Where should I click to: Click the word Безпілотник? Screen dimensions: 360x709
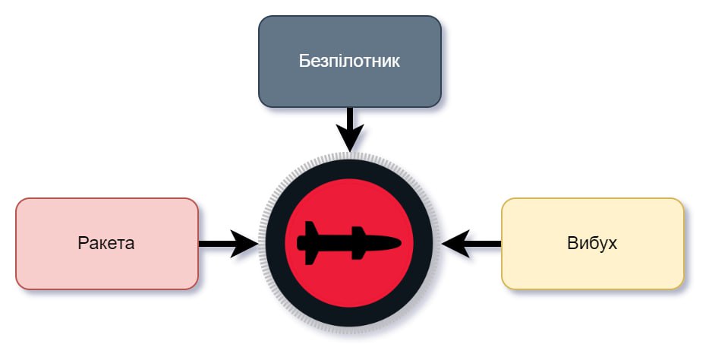click(x=349, y=61)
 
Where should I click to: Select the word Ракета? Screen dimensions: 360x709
click(x=106, y=244)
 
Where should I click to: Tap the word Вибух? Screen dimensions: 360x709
click(x=591, y=244)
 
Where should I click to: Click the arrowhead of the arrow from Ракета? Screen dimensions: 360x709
click(x=245, y=244)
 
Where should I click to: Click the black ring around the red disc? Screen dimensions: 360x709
click(x=349, y=169)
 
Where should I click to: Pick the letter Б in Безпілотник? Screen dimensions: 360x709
click(x=304, y=61)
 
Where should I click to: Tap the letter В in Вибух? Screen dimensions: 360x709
click(x=572, y=244)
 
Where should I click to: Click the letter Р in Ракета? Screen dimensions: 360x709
click(x=82, y=244)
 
